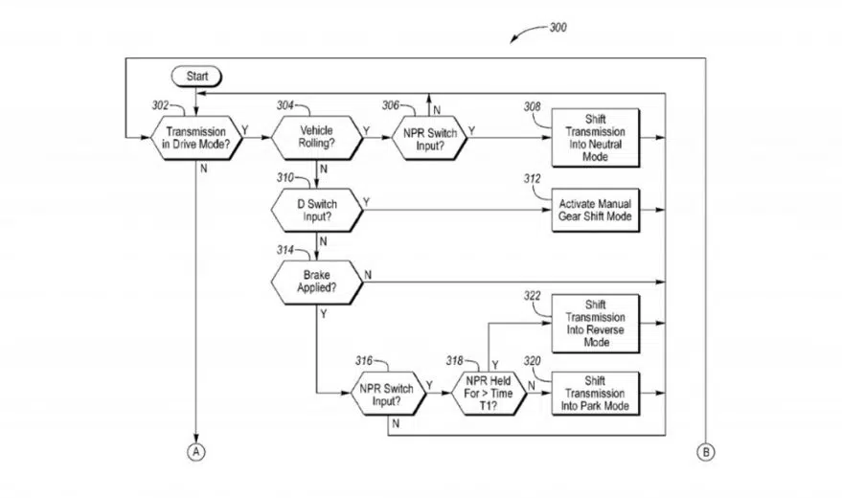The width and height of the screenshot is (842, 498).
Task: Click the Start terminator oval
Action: coord(196,77)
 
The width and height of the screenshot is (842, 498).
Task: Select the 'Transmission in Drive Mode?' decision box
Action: coord(196,138)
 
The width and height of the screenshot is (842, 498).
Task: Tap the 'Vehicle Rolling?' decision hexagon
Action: coord(317,137)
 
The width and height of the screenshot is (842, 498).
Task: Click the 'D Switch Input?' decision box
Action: coord(317,210)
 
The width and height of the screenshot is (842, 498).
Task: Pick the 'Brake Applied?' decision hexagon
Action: coord(317,282)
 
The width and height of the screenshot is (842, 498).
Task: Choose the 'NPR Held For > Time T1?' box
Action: coord(489,394)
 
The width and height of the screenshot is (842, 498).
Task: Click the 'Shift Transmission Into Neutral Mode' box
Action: coord(596,138)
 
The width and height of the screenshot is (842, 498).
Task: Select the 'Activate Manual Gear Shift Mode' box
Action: coord(596,210)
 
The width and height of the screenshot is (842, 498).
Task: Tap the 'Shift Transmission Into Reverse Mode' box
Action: coord(596,324)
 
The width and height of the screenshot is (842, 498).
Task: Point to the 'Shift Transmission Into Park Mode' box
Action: coord(596,394)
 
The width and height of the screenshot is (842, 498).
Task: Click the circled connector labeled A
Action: coord(196,452)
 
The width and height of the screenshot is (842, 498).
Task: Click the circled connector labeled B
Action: coord(706,452)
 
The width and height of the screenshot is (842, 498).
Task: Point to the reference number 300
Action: coord(558,28)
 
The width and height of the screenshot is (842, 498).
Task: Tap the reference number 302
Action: coord(160,105)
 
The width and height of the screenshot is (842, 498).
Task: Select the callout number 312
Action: coord(533,179)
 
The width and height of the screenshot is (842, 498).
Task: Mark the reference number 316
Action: coord(364,361)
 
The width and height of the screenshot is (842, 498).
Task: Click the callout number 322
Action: coord(533,296)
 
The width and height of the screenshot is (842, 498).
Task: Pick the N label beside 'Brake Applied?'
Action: coord(368,275)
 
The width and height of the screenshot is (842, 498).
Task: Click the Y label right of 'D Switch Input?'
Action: coord(366,202)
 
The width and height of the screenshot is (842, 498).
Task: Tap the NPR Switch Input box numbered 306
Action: coord(429,138)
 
